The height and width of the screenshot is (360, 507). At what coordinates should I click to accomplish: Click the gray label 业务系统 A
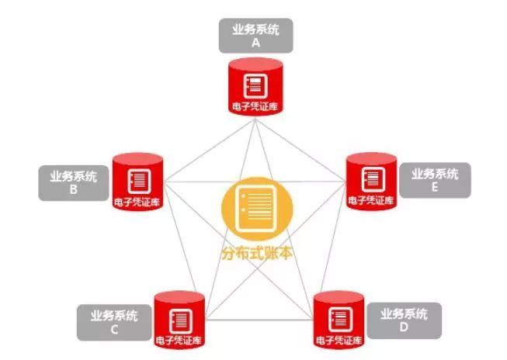click(x=255, y=36)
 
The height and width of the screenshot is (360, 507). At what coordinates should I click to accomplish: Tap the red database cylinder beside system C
click(x=179, y=318)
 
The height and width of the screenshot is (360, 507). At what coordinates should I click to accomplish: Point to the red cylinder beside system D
click(x=338, y=318)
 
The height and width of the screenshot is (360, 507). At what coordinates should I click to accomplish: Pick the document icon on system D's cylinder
click(x=338, y=313)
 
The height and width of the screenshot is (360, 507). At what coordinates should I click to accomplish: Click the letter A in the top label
click(x=255, y=44)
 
